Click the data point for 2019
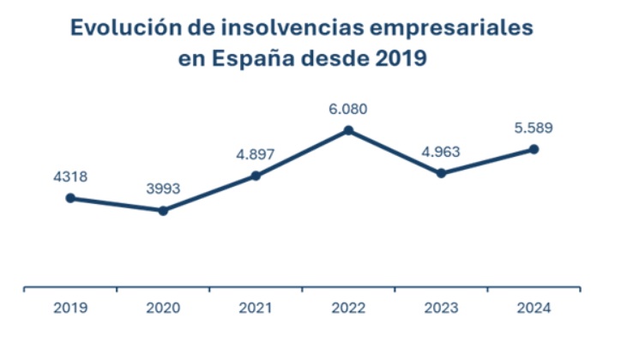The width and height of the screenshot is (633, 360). (70, 198)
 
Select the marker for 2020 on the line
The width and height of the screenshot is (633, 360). (163, 210)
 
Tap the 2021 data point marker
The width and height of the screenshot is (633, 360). (256, 176)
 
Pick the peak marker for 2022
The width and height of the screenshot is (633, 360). (348, 130)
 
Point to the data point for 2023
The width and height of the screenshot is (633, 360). (441, 173)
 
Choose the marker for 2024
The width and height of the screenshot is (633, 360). (534, 149)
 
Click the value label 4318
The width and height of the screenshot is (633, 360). (70, 177)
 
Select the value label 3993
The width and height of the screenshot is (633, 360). (163, 189)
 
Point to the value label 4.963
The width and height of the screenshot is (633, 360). (441, 153)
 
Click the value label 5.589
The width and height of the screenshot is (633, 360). (534, 129)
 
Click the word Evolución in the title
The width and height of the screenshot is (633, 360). (125, 29)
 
